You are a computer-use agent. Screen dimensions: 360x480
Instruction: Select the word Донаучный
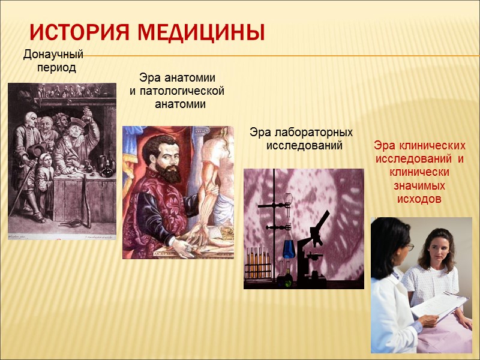(53, 55)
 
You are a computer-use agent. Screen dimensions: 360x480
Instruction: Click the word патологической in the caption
(177, 91)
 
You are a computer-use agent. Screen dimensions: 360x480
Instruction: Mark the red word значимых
(419, 185)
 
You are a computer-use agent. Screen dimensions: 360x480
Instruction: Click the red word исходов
(419, 199)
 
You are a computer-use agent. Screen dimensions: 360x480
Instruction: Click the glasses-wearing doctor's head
(393, 240)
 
